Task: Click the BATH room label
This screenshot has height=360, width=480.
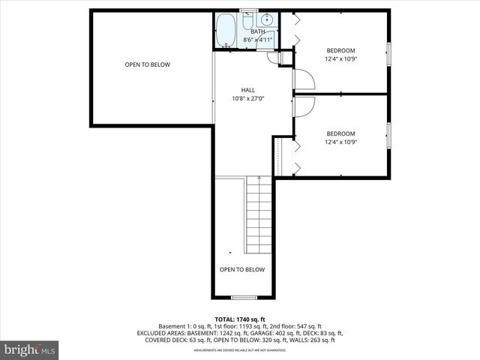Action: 257,31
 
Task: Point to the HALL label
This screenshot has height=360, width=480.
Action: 247,89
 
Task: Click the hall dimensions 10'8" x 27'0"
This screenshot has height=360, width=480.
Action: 247,98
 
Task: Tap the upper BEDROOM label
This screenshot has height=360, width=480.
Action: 340,50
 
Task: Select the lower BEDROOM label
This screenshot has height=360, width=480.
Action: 340,133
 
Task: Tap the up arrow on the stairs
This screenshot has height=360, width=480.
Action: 259,180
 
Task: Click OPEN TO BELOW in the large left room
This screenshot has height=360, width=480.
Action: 147,64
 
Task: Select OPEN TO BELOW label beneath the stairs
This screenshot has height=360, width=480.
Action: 241,269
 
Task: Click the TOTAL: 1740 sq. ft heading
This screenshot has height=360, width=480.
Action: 240,319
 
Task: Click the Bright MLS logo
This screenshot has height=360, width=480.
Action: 30,349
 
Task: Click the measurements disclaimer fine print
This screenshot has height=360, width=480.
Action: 240,350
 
